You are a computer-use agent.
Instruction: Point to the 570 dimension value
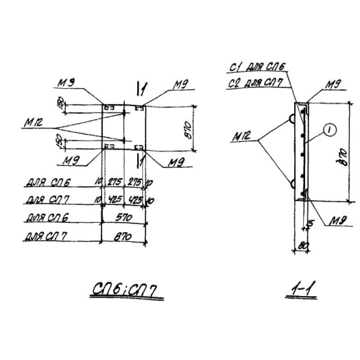point(124,217)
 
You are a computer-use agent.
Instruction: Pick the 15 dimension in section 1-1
point(309,224)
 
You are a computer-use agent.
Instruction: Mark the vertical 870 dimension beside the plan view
point(189,129)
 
